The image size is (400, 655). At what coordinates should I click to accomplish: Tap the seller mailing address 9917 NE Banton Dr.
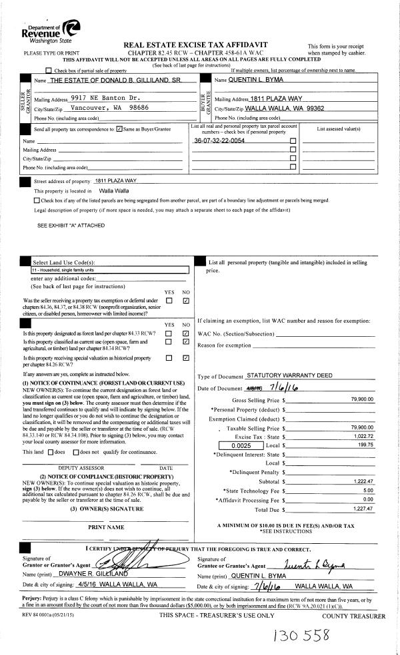[x=102, y=97]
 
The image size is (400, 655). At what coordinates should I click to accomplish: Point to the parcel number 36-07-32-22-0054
[x=219, y=141]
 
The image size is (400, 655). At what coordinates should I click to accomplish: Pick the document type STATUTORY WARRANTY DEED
[x=289, y=375]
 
